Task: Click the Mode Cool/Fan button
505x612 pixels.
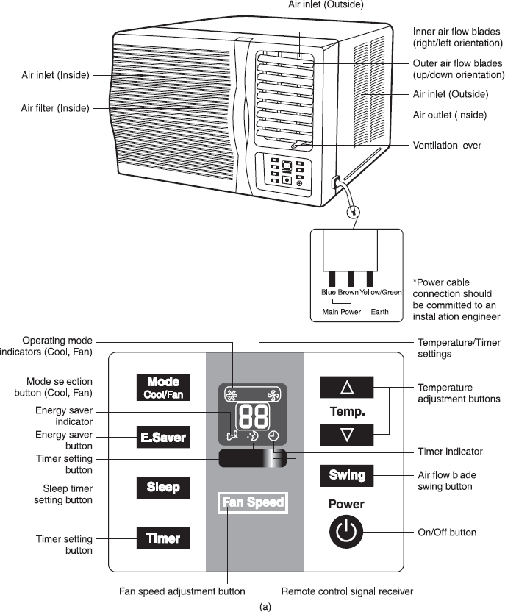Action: pyautogui.click(x=163, y=388)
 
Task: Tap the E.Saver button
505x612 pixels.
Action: pyautogui.click(x=163, y=439)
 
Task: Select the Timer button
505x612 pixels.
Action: pyautogui.click(x=163, y=538)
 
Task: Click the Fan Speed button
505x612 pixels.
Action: pyautogui.click(x=253, y=503)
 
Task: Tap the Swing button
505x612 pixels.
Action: pyautogui.click(x=347, y=475)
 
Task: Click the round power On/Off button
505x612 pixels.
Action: pyautogui.click(x=347, y=533)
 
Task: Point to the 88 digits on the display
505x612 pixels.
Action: pyautogui.click(x=253, y=416)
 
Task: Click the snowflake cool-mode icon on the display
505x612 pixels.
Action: pyautogui.click(x=231, y=394)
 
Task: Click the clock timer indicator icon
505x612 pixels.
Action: pyautogui.click(x=273, y=435)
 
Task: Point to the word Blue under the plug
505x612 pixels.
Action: pyautogui.click(x=329, y=292)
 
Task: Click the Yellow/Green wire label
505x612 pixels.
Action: pyautogui.click(x=381, y=292)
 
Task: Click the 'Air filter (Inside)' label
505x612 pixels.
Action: pyautogui.click(x=55, y=108)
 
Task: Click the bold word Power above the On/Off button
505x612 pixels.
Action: pyautogui.click(x=347, y=505)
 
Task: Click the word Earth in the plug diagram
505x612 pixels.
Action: pyautogui.click(x=380, y=312)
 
